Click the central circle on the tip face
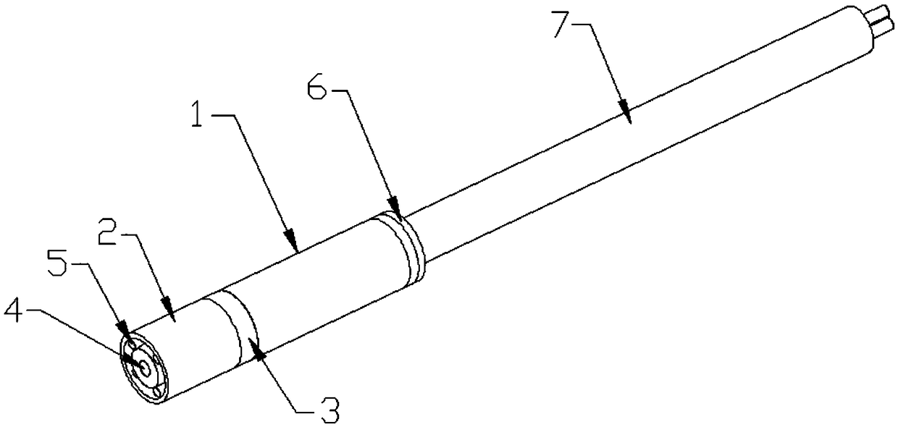(x=145, y=368)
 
